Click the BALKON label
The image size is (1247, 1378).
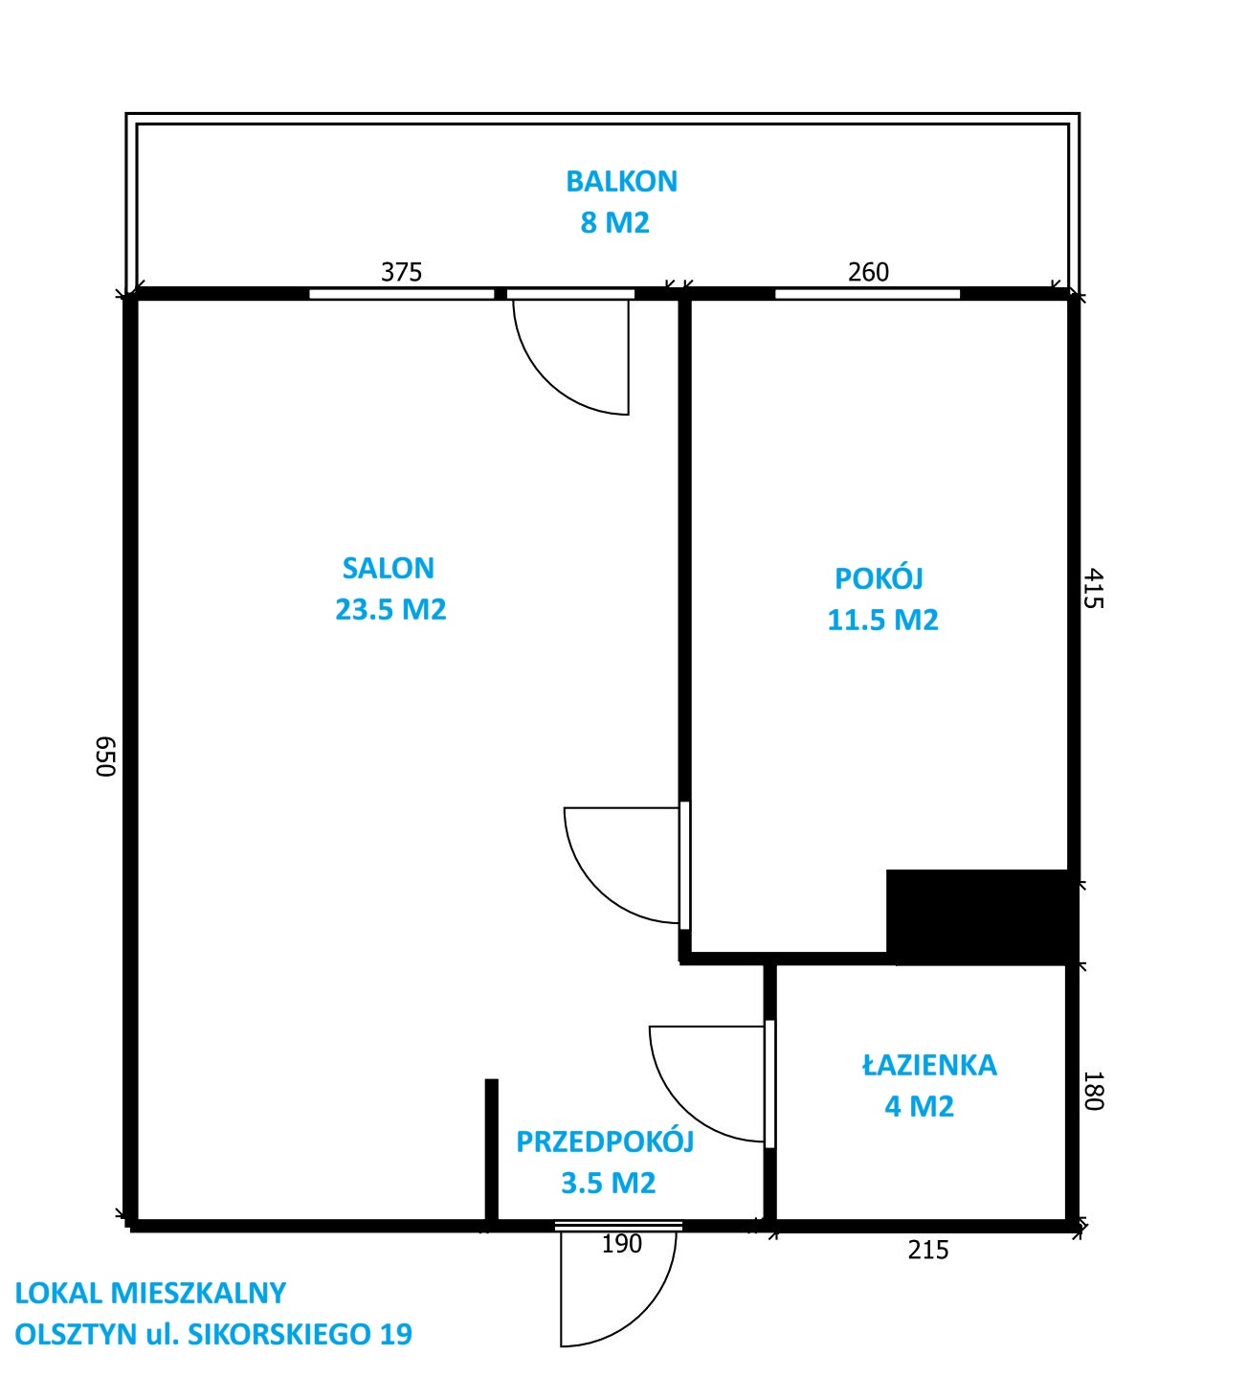pyautogui.click(x=621, y=181)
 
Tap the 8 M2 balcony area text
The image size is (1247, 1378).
pyautogui.click(x=614, y=222)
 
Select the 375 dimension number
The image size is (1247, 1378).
pyautogui.click(x=402, y=272)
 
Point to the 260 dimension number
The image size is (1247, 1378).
pyautogui.click(x=869, y=272)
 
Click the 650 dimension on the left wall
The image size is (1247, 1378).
pyautogui.click(x=105, y=757)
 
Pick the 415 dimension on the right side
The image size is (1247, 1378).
pyautogui.click(x=1093, y=589)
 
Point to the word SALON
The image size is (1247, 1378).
pyautogui.click(x=389, y=568)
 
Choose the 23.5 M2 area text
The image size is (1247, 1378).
pyautogui.click(x=390, y=609)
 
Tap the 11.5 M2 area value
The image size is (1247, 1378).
pyautogui.click(x=882, y=620)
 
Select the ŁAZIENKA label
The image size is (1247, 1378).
pyautogui.click(x=929, y=1065)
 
